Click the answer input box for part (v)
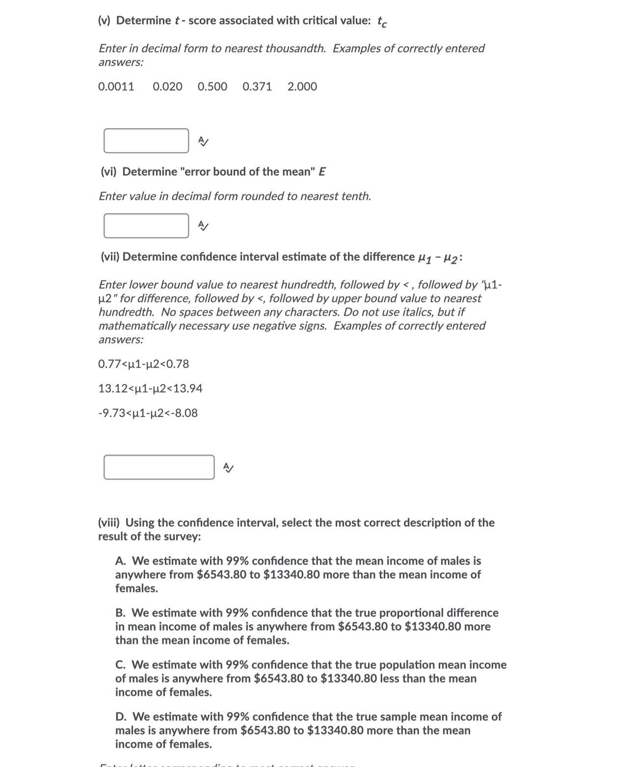[x=146, y=141]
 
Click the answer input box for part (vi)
[x=146, y=226]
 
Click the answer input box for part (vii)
[x=159, y=467]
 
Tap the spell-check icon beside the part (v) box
[x=203, y=141]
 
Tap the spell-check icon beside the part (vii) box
[x=228, y=467]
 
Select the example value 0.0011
[x=116, y=87]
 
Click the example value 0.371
[x=257, y=87]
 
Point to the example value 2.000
[x=302, y=87]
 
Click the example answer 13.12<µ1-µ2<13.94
[x=150, y=389]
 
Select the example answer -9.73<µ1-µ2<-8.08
[x=148, y=413]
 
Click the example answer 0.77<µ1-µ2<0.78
[x=144, y=364]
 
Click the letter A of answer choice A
[x=120, y=561]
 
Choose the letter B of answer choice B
[x=120, y=613]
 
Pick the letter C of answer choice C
[x=120, y=665]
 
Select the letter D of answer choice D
[x=121, y=717]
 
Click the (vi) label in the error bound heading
[x=108, y=172]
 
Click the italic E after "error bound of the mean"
[x=322, y=172]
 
